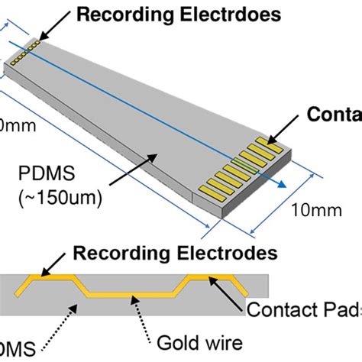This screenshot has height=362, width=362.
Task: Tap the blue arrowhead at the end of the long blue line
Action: click(x=282, y=183)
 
